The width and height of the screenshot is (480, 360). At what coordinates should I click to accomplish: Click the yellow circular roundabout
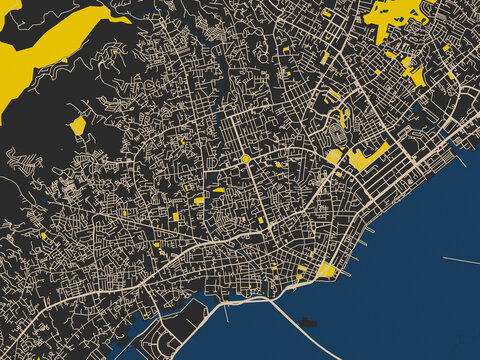click(245, 158)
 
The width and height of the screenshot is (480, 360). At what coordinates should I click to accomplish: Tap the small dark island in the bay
click(309, 322)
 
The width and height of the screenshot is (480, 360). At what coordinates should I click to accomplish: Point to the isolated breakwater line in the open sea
click(460, 261)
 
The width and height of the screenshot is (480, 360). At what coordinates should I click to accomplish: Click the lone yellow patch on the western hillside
click(78, 125)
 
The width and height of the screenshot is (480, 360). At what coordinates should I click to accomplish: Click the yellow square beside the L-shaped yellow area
click(334, 157)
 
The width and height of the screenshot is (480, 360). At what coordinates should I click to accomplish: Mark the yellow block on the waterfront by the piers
click(327, 270)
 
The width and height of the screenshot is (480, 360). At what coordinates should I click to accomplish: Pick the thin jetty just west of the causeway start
click(226, 312)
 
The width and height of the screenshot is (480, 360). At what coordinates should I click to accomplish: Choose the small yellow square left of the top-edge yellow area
click(327, 13)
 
